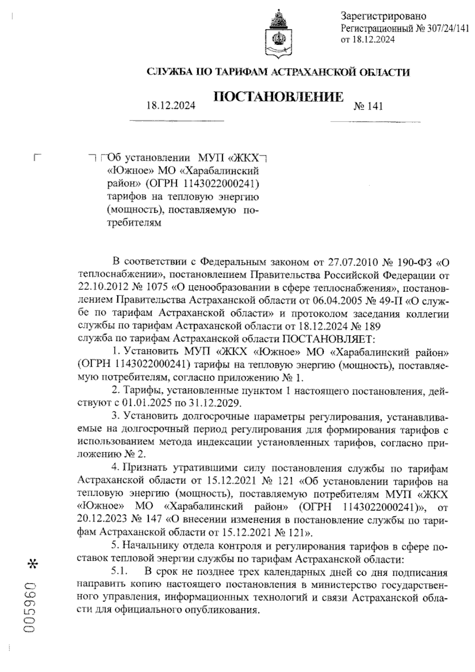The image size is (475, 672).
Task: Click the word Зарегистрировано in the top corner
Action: [x=383, y=16]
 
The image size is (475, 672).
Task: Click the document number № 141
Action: [x=369, y=106]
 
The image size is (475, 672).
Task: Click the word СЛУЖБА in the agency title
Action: [x=167, y=72]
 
